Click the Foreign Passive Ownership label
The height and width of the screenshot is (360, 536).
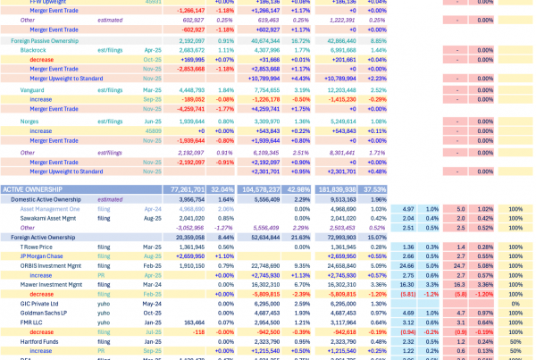(44, 41)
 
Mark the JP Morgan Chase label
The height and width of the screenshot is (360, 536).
(39, 255)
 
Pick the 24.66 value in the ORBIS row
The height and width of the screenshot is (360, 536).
(406, 265)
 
